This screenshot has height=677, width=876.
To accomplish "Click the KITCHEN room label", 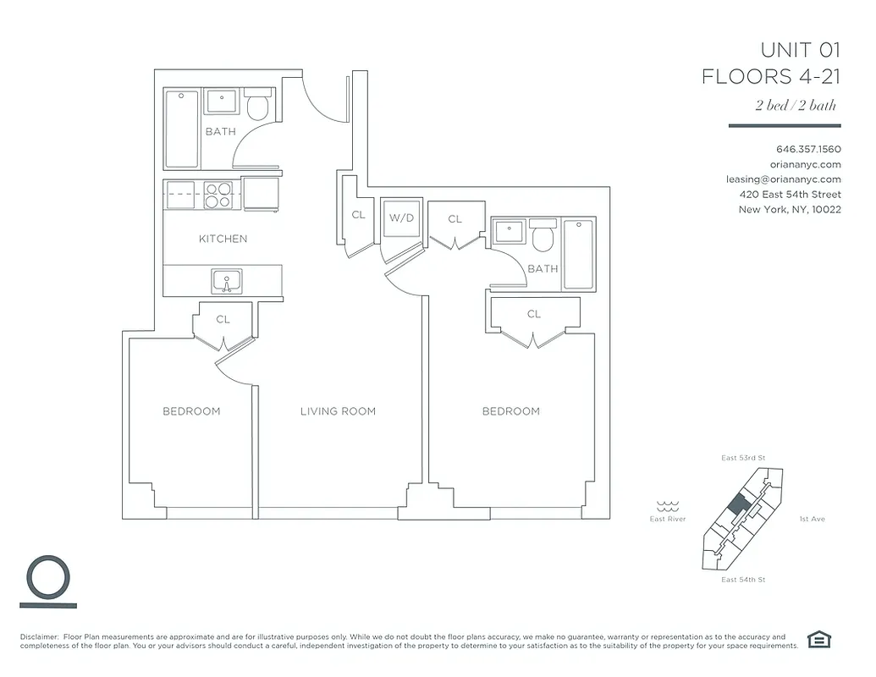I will click(223, 239).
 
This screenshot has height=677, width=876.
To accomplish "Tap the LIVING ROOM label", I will click(338, 411).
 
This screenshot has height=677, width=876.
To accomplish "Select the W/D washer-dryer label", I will click(401, 217).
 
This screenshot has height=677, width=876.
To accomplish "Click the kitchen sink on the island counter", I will click(226, 280).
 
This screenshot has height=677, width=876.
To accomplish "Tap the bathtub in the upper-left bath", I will click(182, 129).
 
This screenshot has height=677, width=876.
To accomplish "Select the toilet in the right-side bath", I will click(543, 237).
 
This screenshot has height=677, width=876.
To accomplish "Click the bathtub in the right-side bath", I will click(580, 254).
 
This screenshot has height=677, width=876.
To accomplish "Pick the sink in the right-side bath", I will click(509, 229).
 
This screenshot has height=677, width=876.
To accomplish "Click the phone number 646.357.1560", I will click(807, 149).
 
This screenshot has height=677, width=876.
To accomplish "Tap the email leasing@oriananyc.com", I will click(783, 179).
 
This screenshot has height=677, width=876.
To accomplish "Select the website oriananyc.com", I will click(805, 164).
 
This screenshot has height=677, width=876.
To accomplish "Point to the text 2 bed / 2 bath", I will click(796, 106).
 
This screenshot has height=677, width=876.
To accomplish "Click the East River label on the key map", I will click(668, 519).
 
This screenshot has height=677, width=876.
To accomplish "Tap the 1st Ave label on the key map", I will click(812, 519).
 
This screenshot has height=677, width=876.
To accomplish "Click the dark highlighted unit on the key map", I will click(738, 504).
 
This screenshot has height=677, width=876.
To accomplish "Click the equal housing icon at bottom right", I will click(818, 639).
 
